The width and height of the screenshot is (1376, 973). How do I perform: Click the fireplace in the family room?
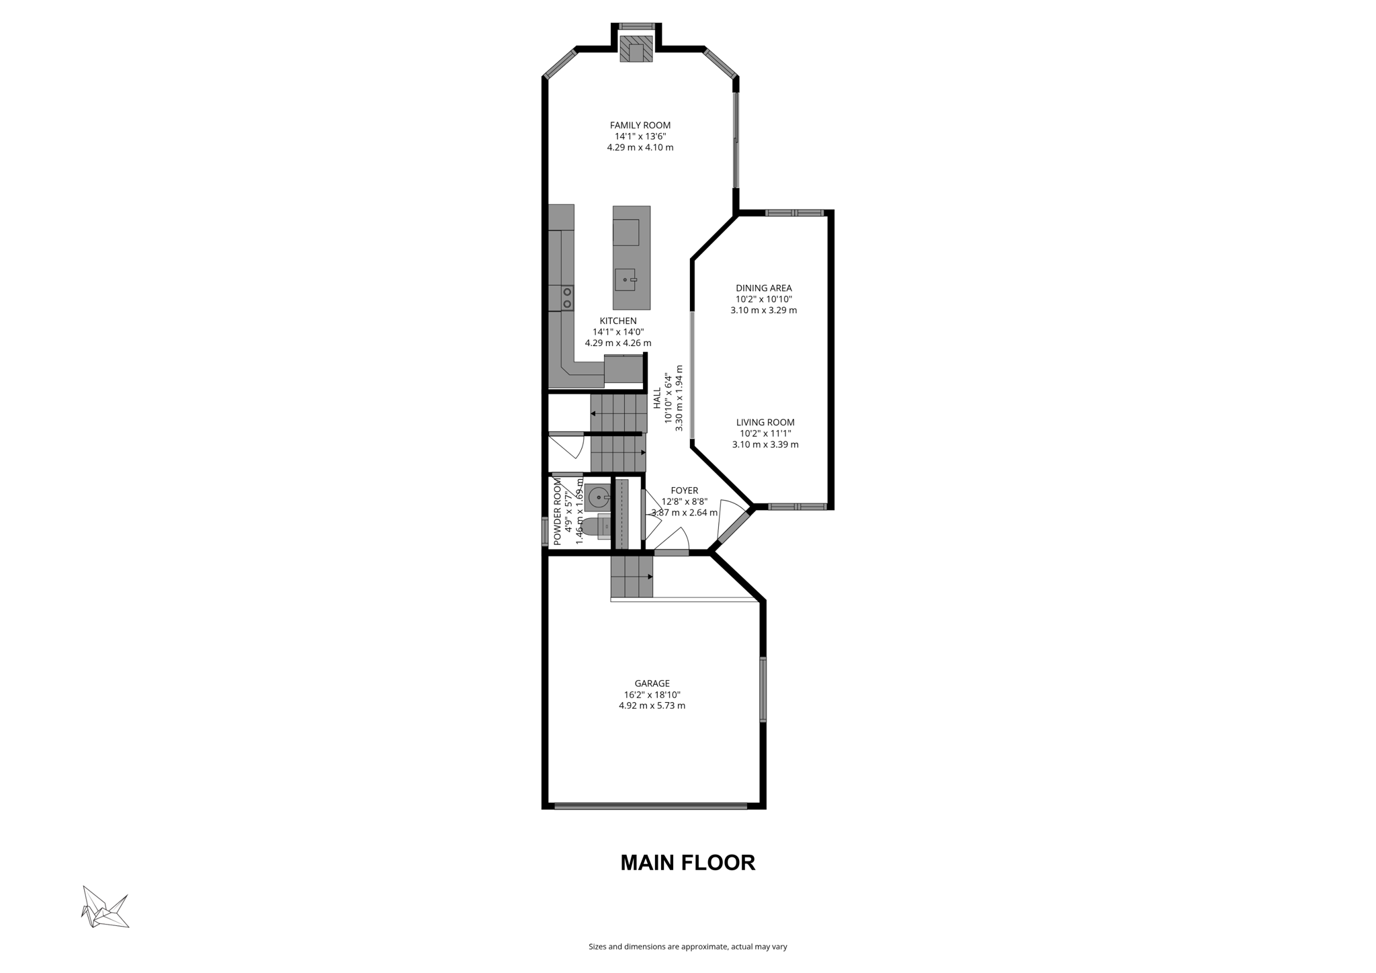tap(636, 49)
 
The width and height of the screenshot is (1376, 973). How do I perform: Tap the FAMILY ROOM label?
tap(640, 125)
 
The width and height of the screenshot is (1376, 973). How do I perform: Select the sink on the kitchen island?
tap(625, 279)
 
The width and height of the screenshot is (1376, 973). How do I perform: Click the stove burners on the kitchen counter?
tap(567, 298)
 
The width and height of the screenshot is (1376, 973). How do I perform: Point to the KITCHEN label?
tap(618, 321)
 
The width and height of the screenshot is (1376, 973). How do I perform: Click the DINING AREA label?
tap(763, 288)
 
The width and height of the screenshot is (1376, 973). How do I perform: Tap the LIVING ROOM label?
tap(765, 423)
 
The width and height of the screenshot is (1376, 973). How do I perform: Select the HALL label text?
tap(657, 398)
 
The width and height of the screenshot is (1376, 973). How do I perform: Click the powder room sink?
tap(597, 498)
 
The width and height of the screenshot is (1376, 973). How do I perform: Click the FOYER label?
tap(684, 491)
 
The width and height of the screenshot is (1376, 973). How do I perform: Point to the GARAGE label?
tap(652, 683)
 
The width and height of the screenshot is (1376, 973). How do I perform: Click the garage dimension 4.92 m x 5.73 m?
tap(652, 706)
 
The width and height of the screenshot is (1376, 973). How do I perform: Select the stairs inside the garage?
tap(631, 577)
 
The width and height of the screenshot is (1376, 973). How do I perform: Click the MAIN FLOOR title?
tap(687, 863)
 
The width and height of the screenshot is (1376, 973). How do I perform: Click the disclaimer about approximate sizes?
tap(687, 947)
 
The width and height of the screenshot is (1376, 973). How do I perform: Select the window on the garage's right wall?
tap(763, 689)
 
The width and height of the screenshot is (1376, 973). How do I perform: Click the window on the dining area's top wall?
tap(794, 213)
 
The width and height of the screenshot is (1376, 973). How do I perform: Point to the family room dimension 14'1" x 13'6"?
tap(640, 136)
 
